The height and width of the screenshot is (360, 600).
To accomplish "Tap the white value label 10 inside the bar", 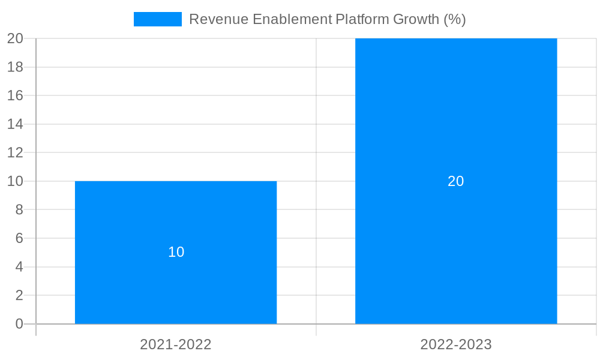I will click(176, 252).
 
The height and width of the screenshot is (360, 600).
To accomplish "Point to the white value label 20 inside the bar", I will click(456, 181).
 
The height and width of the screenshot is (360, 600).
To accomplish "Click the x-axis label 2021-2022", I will click(176, 344).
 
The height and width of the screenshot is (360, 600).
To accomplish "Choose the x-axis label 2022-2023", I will click(456, 344).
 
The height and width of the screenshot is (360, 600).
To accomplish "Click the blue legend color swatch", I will click(157, 19).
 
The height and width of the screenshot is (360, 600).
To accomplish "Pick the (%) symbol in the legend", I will click(455, 19).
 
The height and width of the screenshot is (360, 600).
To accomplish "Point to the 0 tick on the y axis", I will click(19, 324).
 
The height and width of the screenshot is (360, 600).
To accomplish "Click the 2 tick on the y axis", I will click(19, 295).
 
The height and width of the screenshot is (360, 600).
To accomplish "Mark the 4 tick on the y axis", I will click(19, 267).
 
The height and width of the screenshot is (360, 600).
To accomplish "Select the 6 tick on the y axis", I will click(19, 238).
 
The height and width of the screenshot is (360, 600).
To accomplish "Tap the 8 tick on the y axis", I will click(19, 210).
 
